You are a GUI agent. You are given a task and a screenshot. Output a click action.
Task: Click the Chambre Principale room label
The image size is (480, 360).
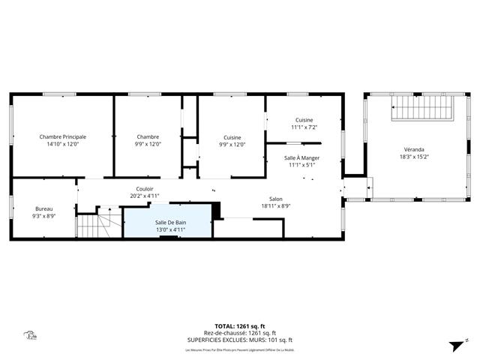point(63,136)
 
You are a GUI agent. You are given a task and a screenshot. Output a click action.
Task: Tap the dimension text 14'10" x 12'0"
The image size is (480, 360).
point(63,144)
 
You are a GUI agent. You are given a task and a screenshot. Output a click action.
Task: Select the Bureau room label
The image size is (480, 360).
point(44,208)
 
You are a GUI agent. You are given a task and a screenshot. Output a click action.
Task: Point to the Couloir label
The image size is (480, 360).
point(145,189)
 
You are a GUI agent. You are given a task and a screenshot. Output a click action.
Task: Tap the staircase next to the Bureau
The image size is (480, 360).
point(95,223)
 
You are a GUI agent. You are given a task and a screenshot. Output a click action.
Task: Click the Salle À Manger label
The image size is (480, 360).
point(301,157)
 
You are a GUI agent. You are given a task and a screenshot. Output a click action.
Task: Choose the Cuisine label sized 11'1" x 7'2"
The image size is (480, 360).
point(304,120)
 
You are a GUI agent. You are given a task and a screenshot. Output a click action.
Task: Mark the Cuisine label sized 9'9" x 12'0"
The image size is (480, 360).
point(232,136)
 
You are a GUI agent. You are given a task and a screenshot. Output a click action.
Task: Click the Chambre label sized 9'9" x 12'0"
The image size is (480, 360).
point(148,136)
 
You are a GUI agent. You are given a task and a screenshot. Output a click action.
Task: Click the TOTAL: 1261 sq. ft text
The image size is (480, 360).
point(240,326)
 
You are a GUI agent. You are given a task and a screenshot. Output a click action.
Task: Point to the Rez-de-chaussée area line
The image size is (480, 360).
point(240,333)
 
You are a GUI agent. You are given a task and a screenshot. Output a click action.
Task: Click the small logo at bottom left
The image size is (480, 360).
point(30,337)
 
